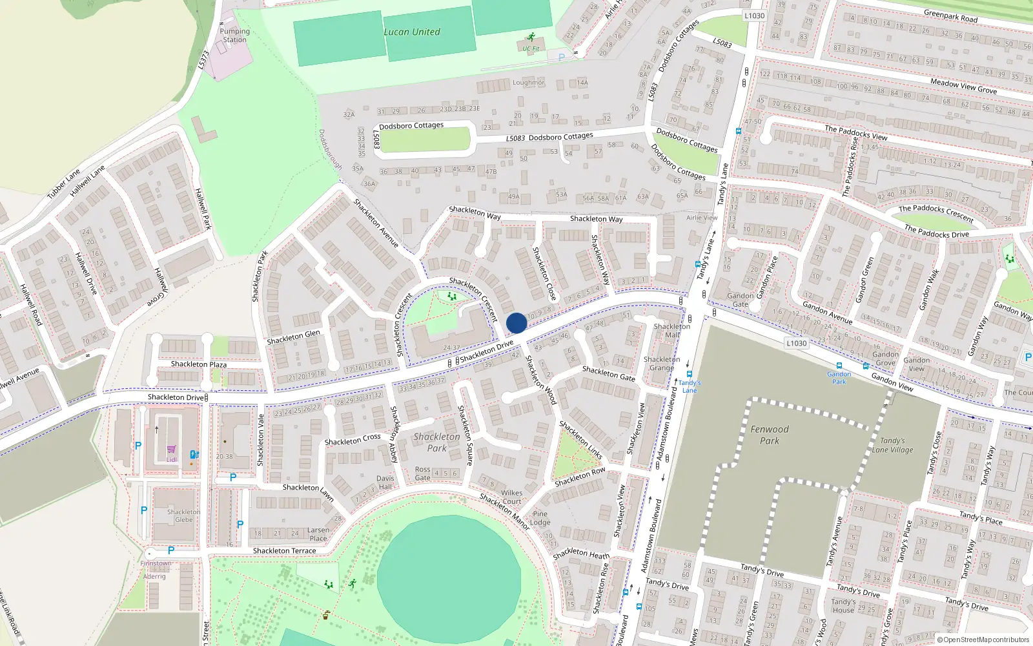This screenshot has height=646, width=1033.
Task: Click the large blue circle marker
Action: coord(516,323)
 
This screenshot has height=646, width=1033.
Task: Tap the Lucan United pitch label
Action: coord(412,32)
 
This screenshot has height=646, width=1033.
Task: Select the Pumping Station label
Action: coord(234,36)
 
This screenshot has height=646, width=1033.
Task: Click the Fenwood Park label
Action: coord(769,435)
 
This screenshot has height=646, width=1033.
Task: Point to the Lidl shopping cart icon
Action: coord(171,450)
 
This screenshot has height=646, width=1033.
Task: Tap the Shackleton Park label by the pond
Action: coord(437,443)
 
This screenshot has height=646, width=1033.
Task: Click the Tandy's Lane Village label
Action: coord(892,445)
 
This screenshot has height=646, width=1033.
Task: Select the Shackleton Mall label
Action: coord(671,330)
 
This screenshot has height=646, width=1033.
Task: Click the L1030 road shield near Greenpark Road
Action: coord(754,16)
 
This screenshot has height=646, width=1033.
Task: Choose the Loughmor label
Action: coord(528,83)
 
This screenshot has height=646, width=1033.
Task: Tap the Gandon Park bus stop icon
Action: coord(839,366)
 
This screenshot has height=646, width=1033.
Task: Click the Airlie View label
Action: coord(702,218)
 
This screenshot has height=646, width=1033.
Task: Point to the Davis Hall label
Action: coord(385,483)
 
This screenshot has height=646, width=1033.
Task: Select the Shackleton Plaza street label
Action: coord(198,364)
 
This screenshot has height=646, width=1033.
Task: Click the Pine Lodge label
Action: coord(540,518)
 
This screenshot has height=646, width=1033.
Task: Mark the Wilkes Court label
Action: coord(511,497)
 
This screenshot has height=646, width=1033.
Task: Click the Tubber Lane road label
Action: coord(63,184)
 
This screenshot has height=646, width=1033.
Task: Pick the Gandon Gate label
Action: coord(741,300)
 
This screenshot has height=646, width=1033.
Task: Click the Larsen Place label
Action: coord(318,534)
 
